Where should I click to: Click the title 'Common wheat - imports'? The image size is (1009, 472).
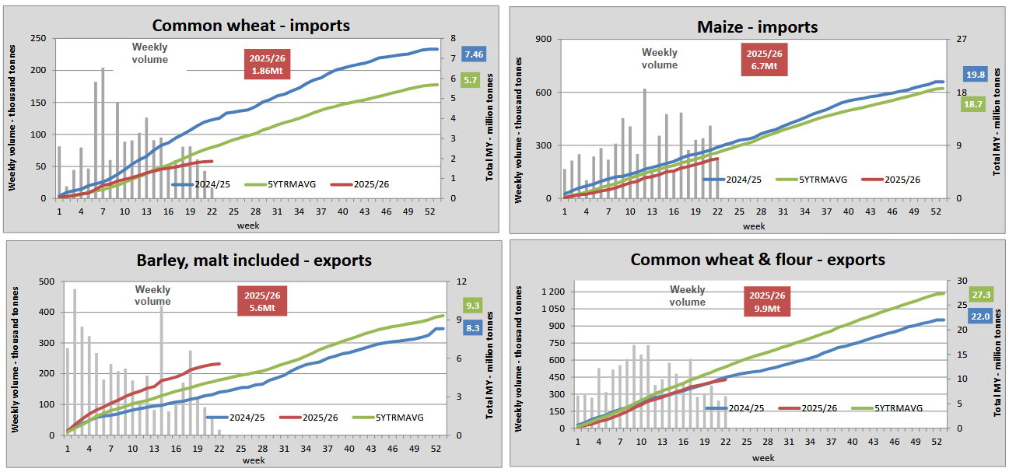pos(250,25)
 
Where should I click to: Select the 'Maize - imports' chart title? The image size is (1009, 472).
pos(757,27)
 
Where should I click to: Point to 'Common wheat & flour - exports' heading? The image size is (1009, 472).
pos(758,259)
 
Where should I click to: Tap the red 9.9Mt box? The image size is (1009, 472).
pos(767,302)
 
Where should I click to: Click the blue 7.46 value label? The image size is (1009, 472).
pos(473,54)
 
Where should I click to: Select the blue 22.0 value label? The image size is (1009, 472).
pos(979,316)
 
